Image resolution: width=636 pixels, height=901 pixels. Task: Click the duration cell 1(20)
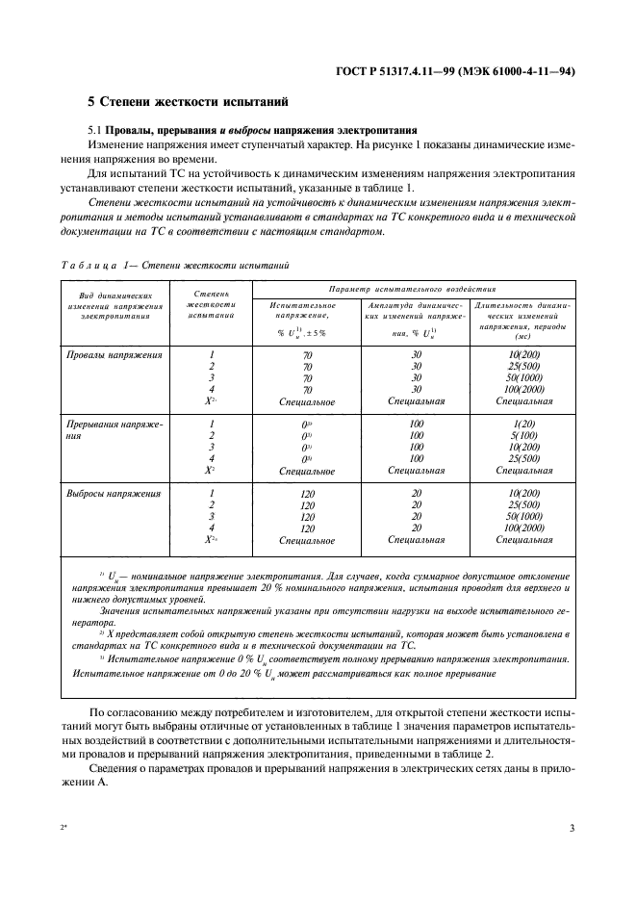(523, 423)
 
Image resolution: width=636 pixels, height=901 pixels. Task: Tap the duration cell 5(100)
(523, 434)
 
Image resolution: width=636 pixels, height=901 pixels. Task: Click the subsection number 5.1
(95, 129)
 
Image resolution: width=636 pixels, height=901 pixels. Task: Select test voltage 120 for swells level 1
(307, 494)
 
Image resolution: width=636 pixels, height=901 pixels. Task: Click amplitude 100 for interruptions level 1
(416, 423)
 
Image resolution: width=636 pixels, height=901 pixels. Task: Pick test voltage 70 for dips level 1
(307, 355)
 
